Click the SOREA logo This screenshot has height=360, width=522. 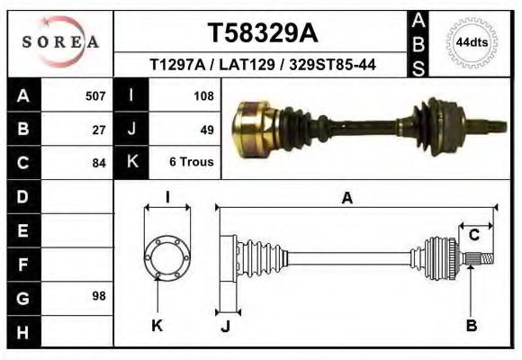click(59, 41)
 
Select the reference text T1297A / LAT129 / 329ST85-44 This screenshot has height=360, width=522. click(263, 66)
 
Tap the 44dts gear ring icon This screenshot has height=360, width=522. click(472, 41)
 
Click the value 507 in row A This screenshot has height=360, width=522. click(95, 94)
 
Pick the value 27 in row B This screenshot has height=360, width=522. click(100, 129)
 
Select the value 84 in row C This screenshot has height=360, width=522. click(100, 163)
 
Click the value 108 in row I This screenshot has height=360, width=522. click(202, 94)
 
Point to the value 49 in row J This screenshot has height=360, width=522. click(206, 129)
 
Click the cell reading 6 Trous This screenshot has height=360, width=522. click(192, 163)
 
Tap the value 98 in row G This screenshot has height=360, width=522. click(100, 296)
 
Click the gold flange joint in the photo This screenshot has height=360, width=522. click(254, 125)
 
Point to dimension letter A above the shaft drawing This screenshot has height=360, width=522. click(346, 199)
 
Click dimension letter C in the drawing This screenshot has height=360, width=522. click(473, 236)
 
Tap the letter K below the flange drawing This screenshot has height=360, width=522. click(157, 326)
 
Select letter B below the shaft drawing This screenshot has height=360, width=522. click(471, 326)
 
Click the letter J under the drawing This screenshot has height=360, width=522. click(226, 326)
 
